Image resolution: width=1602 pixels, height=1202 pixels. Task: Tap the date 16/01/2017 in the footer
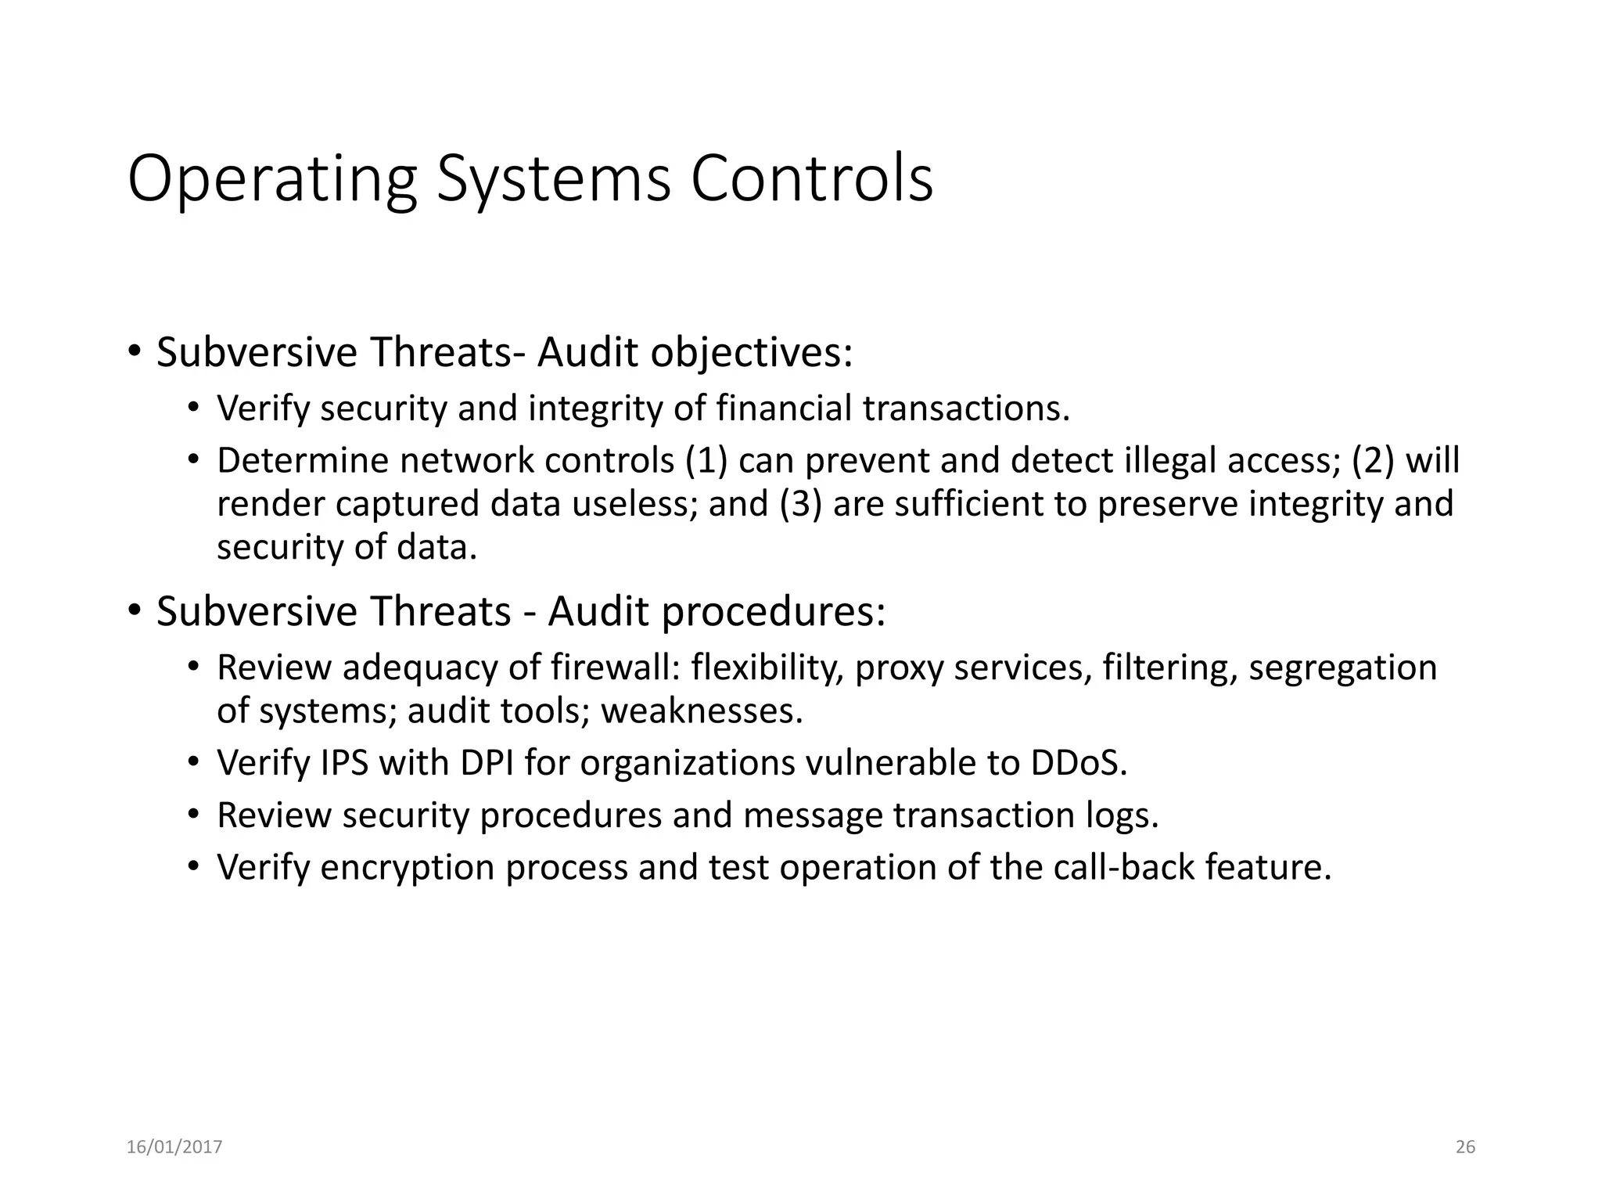click(x=174, y=1147)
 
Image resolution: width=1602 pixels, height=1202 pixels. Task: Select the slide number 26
click(x=1465, y=1147)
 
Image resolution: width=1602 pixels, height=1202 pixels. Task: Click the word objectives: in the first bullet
click(x=752, y=352)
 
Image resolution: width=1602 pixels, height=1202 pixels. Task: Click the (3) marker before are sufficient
click(x=800, y=504)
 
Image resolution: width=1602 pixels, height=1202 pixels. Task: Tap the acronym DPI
click(x=487, y=763)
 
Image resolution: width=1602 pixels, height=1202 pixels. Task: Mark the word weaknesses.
click(x=702, y=711)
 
